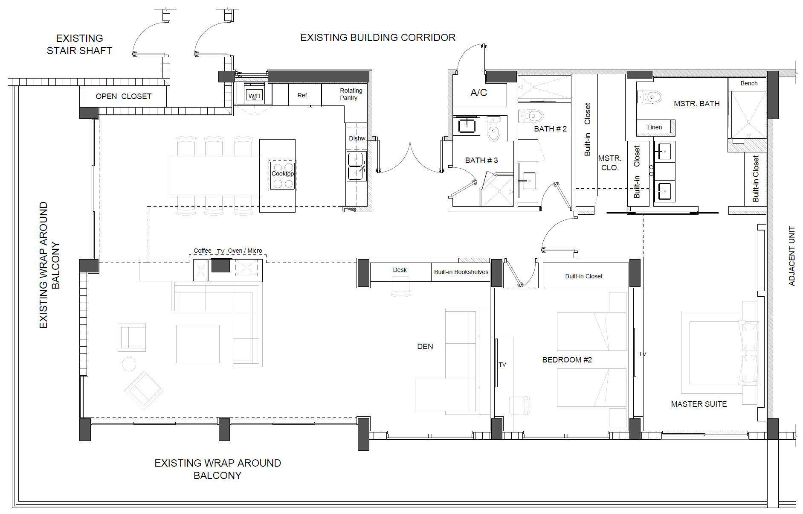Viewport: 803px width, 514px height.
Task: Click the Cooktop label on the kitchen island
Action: click(282, 174)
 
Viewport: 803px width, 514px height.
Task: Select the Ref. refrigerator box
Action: click(305, 95)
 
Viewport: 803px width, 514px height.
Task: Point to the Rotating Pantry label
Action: click(351, 94)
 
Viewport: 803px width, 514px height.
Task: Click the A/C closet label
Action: click(478, 93)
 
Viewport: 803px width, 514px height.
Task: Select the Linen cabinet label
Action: click(654, 127)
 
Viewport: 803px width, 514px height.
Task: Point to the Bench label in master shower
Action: click(749, 83)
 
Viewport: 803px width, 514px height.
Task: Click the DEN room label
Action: click(425, 347)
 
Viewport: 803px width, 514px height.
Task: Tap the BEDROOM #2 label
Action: click(567, 360)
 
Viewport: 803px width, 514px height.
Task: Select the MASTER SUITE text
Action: click(699, 404)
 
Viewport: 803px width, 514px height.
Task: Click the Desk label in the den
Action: click(400, 270)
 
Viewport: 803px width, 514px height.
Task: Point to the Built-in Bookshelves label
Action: click(461, 272)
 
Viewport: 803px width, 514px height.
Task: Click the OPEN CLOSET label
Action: click(123, 96)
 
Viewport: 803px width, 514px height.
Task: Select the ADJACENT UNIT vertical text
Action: click(792, 256)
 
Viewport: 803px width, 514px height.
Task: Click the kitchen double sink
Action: click(357, 166)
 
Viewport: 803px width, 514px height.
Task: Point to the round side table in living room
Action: click(129, 364)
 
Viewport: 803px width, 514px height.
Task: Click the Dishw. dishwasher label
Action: click(357, 138)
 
